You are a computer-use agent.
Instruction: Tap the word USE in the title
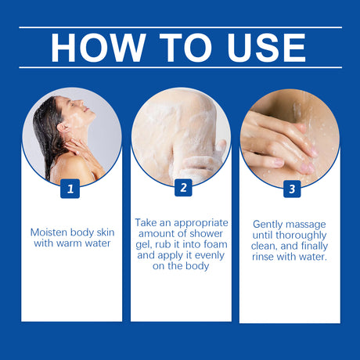click(266, 48)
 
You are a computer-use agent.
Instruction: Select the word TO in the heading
click(185, 48)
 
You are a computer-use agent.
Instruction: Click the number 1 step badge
click(70, 189)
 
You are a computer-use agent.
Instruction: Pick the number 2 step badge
click(183, 188)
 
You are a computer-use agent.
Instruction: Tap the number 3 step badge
click(292, 189)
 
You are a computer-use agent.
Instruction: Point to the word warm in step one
click(69, 243)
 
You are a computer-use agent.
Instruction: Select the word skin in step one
click(106, 232)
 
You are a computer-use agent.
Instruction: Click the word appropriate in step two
click(201, 224)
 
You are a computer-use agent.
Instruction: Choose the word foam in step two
click(215, 244)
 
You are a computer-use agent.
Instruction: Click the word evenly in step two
click(210, 256)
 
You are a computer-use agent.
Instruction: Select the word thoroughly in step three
click(301, 236)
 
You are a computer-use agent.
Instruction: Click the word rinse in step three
click(263, 257)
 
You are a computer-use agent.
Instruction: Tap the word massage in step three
click(305, 225)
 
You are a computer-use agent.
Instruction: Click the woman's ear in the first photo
click(61, 128)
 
